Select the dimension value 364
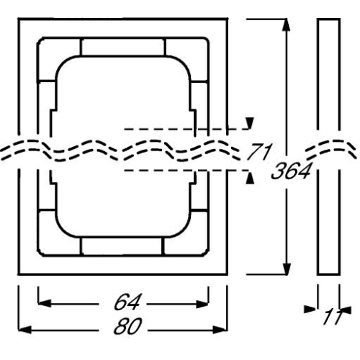coord(293,171)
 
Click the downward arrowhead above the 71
coord(249,124)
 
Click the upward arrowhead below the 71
coord(249,175)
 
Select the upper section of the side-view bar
coord(328,72)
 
